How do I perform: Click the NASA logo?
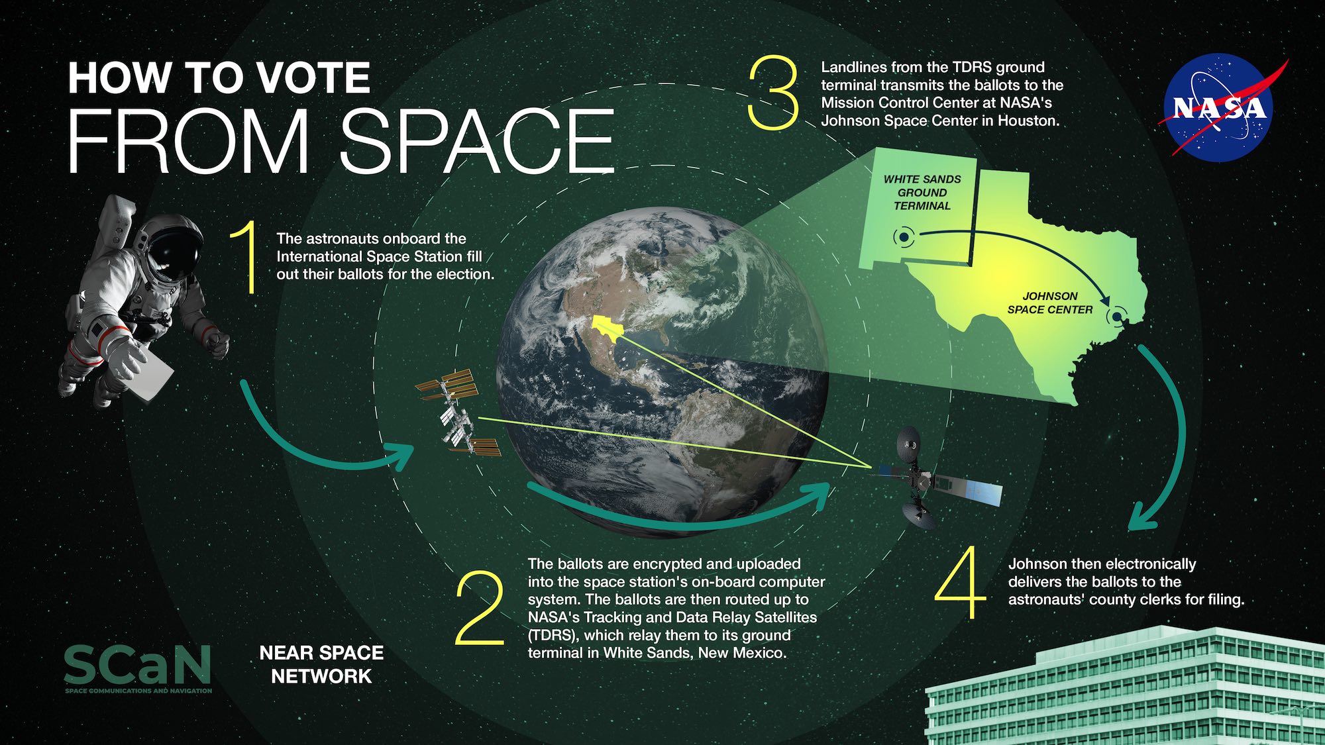1219,108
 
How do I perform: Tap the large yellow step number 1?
246,258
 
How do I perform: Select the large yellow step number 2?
480,609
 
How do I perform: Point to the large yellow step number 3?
773,92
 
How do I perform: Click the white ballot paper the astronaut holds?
152,375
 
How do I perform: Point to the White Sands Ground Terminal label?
922,193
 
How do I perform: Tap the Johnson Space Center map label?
1050,303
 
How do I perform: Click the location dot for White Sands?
903,237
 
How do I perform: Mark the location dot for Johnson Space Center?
1117,317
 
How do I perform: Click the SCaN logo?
138,668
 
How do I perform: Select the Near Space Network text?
321,664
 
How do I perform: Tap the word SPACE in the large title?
477,142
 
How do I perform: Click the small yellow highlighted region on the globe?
607,327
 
